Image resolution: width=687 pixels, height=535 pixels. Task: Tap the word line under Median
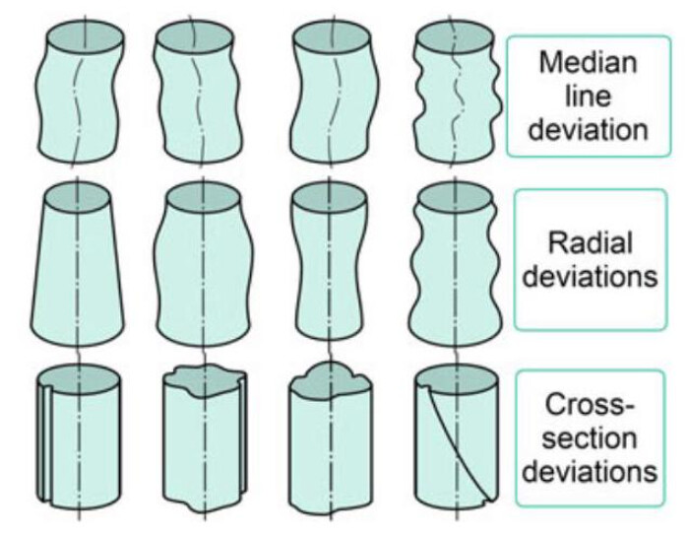pos(587,97)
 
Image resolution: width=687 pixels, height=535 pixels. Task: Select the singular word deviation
pos(587,129)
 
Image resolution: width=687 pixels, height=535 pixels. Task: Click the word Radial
pos(589,242)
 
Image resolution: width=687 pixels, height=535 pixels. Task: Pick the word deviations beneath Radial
pos(589,275)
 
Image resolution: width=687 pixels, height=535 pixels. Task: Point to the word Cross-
pos(589,405)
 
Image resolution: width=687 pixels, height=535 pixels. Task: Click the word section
pos(589,437)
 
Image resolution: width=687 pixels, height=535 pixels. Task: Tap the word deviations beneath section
pos(589,470)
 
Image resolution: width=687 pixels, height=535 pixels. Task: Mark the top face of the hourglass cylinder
pos(330,196)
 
